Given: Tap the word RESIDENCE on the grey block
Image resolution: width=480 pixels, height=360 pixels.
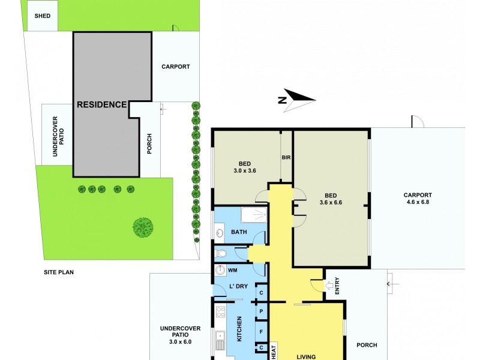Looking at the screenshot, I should coord(102,104).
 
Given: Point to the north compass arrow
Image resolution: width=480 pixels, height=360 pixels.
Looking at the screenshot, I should coord(298,98).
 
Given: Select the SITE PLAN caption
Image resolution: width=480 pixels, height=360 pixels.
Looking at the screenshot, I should coord(58,272).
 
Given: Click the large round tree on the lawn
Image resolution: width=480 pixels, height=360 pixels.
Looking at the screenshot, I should coord(143,227).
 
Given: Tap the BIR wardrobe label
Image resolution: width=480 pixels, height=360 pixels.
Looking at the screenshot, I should coord(286,158).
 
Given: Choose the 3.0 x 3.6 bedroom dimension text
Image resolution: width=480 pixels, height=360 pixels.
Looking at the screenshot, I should coord(244,170).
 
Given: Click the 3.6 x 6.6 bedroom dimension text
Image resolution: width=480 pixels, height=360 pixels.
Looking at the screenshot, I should coord(332,202).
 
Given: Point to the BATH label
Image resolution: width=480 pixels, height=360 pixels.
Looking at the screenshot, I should coord(239,232).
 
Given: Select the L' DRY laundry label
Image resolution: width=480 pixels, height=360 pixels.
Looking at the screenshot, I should coord(239,286).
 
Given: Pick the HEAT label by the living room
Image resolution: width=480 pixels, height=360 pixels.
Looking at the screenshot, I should coord(274,350).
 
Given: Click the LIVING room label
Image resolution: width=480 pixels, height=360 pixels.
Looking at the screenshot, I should coord(306,356).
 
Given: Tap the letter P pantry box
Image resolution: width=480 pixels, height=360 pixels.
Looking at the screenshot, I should coord(261,312).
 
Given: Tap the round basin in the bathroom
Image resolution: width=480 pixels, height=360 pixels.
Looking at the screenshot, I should coord(219,232).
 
